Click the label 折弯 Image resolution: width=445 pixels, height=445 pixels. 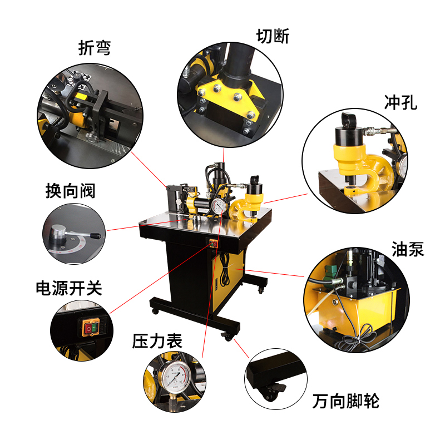(94, 48)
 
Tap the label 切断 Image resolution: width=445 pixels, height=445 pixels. (273, 36)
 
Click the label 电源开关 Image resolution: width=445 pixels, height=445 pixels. (69, 288)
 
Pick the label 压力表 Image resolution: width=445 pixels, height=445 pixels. (157, 340)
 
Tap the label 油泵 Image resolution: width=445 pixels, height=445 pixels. (407, 249)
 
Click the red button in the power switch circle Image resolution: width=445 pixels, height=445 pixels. (88, 329)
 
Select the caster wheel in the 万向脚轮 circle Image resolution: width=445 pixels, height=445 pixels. (271, 393)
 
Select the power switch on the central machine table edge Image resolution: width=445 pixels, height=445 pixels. (212, 243)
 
